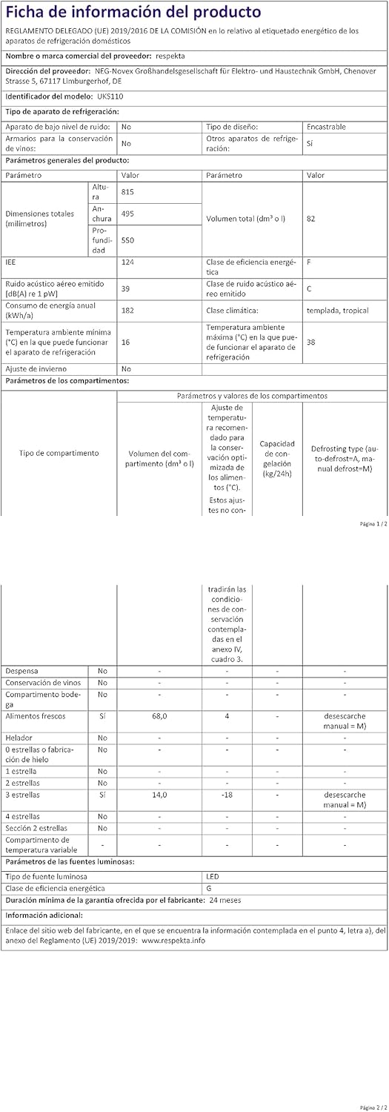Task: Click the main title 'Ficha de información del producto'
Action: point(133,12)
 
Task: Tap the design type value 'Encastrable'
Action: point(326,127)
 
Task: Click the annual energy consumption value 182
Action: point(127,310)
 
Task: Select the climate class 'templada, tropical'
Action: point(337,310)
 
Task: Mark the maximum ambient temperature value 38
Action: point(311,342)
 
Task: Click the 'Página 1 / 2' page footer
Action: point(368,523)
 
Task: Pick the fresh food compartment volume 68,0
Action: point(160,716)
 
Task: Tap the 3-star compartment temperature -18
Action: point(227,794)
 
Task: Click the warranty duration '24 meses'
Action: point(225,900)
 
